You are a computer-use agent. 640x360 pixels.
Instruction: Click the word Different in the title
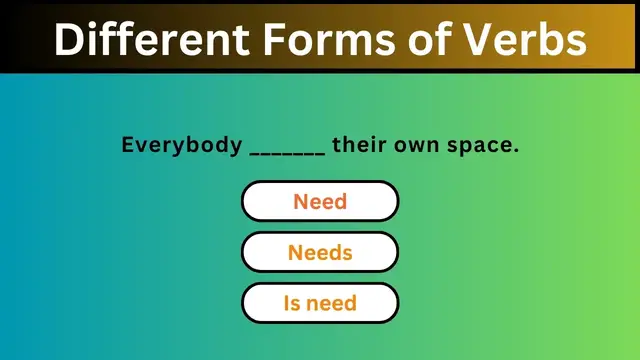(143, 38)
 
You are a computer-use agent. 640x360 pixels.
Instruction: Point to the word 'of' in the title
(425, 38)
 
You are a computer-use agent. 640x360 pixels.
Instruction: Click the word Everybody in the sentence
(180, 145)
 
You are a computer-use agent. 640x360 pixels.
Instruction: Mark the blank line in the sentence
(287, 151)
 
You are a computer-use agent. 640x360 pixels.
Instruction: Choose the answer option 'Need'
(320, 201)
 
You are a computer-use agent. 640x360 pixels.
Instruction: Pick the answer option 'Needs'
(320, 252)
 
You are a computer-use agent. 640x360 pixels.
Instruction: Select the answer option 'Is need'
(320, 303)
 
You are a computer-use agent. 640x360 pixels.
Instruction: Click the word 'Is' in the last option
(291, 303)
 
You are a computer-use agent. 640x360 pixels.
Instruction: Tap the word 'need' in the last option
(332, 303)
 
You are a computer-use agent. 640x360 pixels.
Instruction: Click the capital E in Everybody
(128, 145)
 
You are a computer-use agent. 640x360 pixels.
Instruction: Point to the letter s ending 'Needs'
(347, 253)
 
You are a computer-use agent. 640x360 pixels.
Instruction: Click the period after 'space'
(516, 150)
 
